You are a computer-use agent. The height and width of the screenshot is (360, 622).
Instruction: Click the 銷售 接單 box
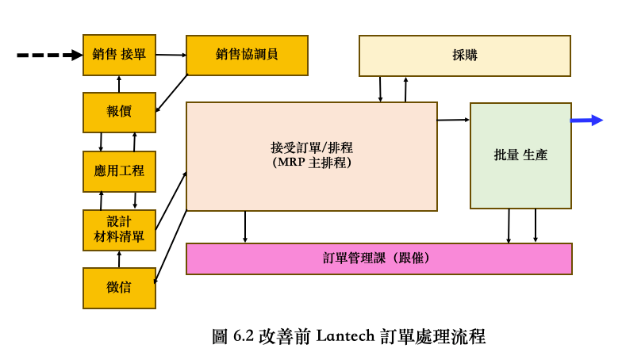click(x=119, y=55)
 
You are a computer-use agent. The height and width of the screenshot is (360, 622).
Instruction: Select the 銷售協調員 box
click(x=247, y=55)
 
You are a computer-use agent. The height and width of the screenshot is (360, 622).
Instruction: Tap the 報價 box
click(x=119, y=112)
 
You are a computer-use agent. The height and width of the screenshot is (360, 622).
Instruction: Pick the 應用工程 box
click(x=119, y=170)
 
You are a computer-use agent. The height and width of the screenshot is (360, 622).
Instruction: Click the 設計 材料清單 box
click(x=119, y=228)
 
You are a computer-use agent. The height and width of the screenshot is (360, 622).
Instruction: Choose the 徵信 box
click(x=119, y=287)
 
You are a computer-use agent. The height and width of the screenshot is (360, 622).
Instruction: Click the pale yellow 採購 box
click(x=464, y=56)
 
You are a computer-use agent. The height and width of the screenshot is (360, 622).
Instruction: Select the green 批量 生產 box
click(x=520, y=155)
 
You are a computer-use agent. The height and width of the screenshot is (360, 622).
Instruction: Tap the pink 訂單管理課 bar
click(x=378, y=259)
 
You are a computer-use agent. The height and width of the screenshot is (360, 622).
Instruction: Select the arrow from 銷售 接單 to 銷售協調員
click(x=171, y=55)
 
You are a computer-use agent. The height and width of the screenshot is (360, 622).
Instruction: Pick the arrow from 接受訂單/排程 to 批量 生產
click(x=453, y=120)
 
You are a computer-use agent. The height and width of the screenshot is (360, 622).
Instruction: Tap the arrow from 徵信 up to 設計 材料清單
click(x=119, y=259)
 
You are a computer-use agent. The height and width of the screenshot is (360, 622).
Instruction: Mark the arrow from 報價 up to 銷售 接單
click(x=119, y=83)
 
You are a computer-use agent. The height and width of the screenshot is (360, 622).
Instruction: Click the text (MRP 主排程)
click(x=311, y=162)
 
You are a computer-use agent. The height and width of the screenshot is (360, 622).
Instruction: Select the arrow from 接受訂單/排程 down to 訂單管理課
click(x=245, y=227)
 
